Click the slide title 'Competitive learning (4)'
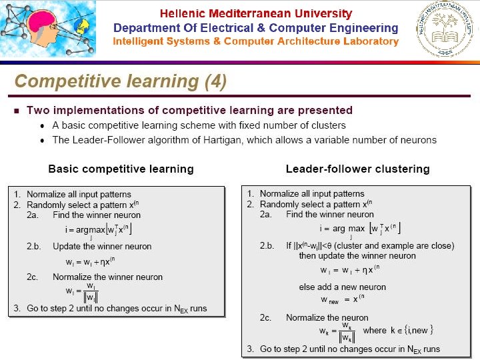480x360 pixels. click(120, 82)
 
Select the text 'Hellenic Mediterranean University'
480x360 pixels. click(255, 13)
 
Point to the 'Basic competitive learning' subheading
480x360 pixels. click(121, 169)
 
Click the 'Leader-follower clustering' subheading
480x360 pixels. click(357, 169)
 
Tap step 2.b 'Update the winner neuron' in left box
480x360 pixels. click(102, 246)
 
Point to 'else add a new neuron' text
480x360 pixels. click(342, 287)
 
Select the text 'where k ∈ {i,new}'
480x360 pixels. click(399, 330)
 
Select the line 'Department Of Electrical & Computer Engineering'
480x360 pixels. click(255, 28)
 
